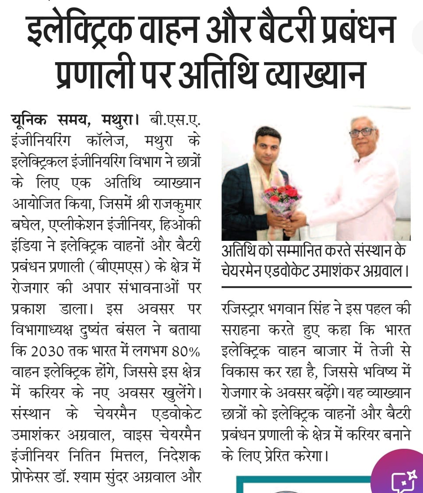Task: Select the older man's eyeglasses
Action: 362,132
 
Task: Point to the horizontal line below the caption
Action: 316,287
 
